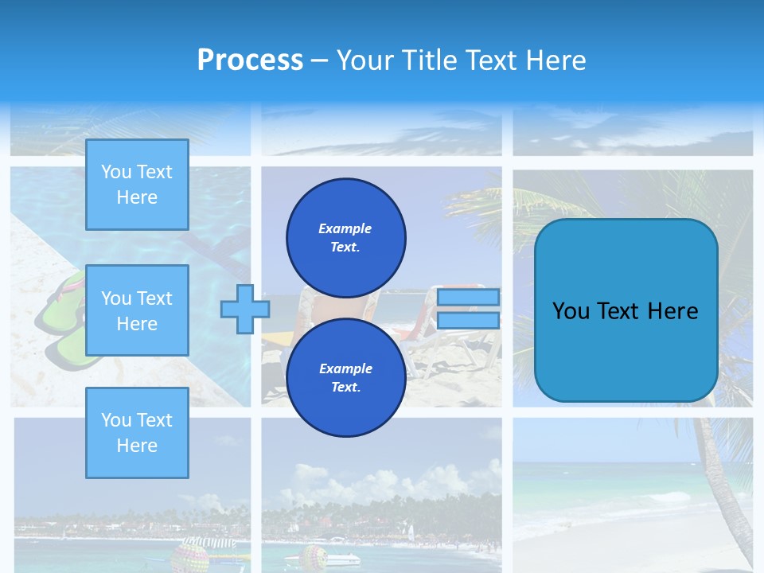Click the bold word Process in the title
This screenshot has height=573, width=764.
coord(250,60)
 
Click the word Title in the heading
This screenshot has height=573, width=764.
coord(428,60)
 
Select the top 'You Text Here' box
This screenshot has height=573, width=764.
coord(137,185)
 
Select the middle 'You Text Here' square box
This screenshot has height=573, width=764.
coord(137,310)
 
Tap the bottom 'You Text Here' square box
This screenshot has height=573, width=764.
coord(137,432)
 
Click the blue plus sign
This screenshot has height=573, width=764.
coord(244,309)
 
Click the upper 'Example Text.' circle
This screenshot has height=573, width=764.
coord(345,237)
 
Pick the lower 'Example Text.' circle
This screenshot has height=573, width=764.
coord(345,377)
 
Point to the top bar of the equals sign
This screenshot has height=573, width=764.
coord(468,297)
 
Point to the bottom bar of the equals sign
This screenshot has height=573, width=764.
coord(468,321)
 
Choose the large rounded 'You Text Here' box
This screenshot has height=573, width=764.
coord(626,310)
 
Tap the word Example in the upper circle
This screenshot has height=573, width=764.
coord(345,228)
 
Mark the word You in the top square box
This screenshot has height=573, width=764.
coord(116,172)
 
